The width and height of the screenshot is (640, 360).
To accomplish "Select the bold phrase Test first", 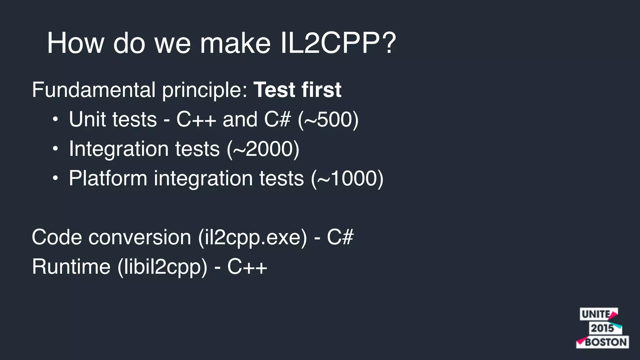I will coord(297,90).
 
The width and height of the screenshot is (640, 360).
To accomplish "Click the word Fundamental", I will coord(93,90).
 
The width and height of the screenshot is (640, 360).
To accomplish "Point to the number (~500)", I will coord(328,119).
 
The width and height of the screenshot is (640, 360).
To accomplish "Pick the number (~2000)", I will coord(263,149).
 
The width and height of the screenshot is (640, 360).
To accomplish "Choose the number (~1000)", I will coord(347,178).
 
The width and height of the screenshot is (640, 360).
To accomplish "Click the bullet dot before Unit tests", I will coord(55,120).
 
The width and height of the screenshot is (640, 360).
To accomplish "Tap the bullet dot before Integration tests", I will coord(55,149).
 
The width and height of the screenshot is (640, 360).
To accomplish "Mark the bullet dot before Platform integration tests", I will coord(55,178).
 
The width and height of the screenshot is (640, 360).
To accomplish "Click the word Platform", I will coord(108,178).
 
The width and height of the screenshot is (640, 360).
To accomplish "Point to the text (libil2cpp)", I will coord(162,267).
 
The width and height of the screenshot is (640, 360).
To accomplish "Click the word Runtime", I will coord(71,267).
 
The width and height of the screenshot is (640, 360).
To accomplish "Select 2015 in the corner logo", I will coord(602,328).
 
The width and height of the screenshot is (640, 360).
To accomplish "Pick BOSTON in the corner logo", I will coord(606,342).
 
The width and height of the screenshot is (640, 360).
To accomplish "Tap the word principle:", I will coord(205,90).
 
